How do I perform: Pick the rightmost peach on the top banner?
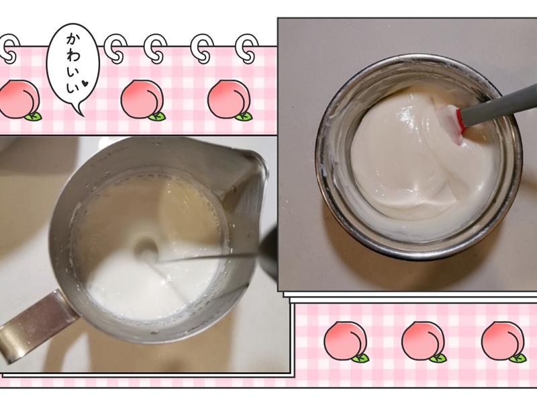click(x=228, y=99)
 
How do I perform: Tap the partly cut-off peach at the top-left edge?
click(x=18, y=99)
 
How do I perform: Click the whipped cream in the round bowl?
click(x=409, y=161)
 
